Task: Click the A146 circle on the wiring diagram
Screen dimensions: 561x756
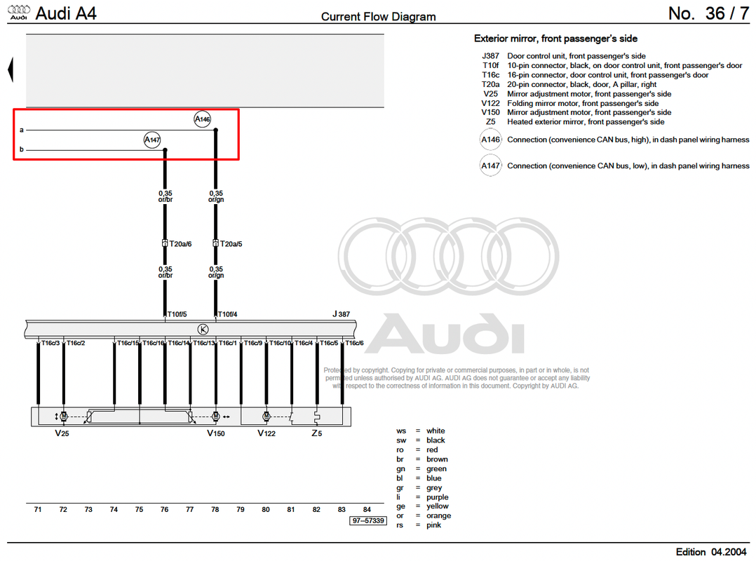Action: (203, 119)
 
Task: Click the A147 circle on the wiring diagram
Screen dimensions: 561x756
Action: (152, 140)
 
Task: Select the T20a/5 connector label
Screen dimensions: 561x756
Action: (231, 244)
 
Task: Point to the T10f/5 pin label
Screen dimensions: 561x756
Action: (177, 314)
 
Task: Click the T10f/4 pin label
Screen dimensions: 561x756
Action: (227, 314)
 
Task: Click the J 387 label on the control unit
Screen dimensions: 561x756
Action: (341, 314)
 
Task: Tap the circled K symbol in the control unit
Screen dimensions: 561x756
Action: (203, 329)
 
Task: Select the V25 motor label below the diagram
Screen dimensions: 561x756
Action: (62, 433)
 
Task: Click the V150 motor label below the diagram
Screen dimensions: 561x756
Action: (216, 433)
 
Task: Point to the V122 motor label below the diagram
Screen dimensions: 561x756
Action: (266, 433)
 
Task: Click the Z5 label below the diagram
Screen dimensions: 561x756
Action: (316, 433)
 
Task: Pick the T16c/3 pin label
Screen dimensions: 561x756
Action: (50, 343)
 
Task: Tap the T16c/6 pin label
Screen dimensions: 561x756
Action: (354, 343)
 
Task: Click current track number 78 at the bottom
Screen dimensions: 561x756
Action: (215, 509)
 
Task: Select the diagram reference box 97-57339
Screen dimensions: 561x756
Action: (368, 520)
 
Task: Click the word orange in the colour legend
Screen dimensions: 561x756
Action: (438, 515)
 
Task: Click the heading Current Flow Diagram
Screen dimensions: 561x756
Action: (378, 17)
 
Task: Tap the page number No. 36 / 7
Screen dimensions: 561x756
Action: (708, 14)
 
